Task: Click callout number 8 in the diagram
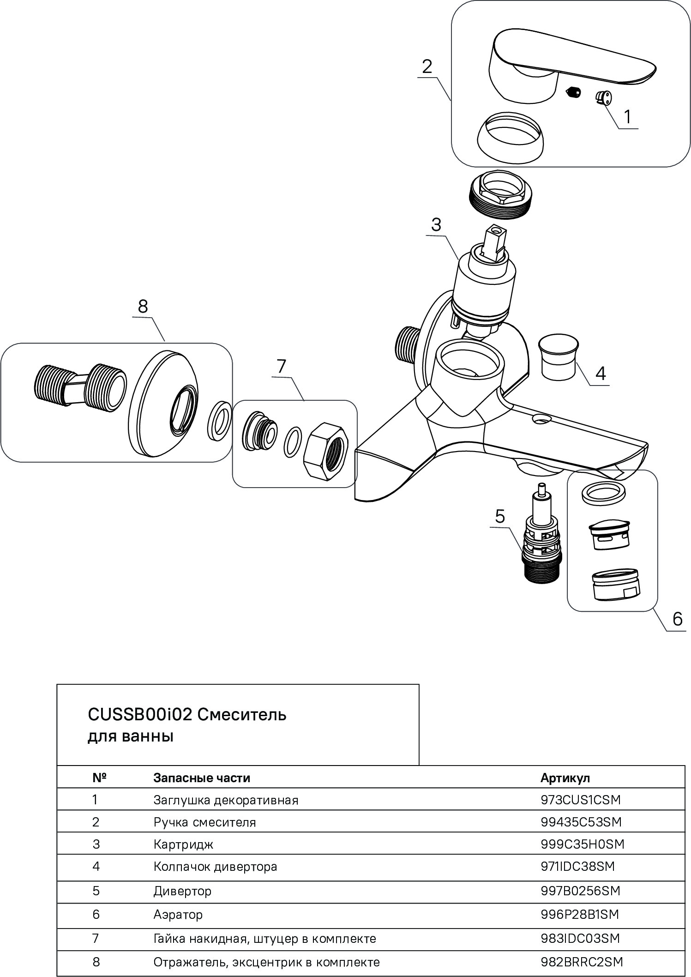pyautogui.click(x=143, y=307)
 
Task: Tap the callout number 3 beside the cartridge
pyautogui.click(x=436, y=225)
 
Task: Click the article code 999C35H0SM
pyautogui.click(x=582, y=844)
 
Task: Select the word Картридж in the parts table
pyautogui.click(x=183, y=844)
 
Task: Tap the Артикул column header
pyautogui.click(x=565, y=778)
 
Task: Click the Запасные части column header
pyautogui.click(x=202, y=778)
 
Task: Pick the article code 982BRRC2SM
pyautogui.click(x=582, y=962)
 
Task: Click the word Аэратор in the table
pyautogui.click(x=178, y=914)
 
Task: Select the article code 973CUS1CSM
pyautogui.click(x=581, y=800)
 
